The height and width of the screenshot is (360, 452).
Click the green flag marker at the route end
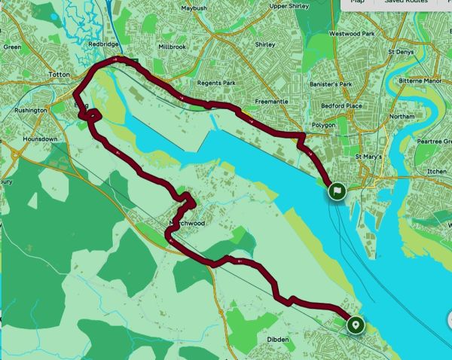[337, 192]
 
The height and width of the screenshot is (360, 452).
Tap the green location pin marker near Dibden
[355, 325]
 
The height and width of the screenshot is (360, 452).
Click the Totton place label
[58, 75]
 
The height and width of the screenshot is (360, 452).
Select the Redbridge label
[103, 44]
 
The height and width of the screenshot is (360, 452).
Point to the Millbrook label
[172, 46]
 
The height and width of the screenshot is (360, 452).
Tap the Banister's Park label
[336, 84]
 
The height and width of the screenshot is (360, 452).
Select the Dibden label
[278, 340]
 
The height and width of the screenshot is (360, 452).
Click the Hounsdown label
[40, 139]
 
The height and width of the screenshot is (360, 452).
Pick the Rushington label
[31, 110]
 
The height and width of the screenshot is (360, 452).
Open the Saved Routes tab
[407, 2]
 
